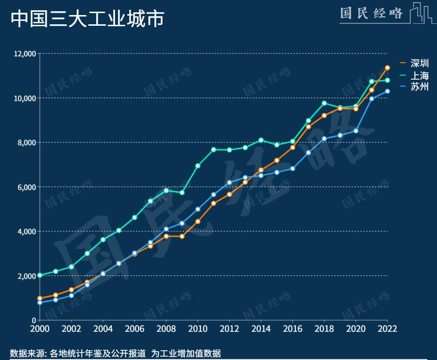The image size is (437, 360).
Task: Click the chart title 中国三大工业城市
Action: pos(87,19)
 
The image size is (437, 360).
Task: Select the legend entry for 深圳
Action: pos(419,63)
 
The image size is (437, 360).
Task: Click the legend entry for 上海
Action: pos(419,75)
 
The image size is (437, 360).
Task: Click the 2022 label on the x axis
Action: pos(387,328)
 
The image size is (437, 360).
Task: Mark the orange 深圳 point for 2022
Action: pos(387,68)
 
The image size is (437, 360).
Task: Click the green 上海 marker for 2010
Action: pos(198,166)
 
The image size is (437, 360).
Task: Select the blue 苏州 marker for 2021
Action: pos(371,99)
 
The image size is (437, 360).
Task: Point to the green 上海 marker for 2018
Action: pos(324,103)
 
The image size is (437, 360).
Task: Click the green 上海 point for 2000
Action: pos(40,275)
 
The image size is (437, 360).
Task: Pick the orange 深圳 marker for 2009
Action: pos(182,236)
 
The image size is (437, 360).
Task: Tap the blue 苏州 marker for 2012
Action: pos(229,182)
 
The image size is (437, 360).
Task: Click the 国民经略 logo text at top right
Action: pos(371,13)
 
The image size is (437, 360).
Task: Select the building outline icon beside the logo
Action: pos(420,13)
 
